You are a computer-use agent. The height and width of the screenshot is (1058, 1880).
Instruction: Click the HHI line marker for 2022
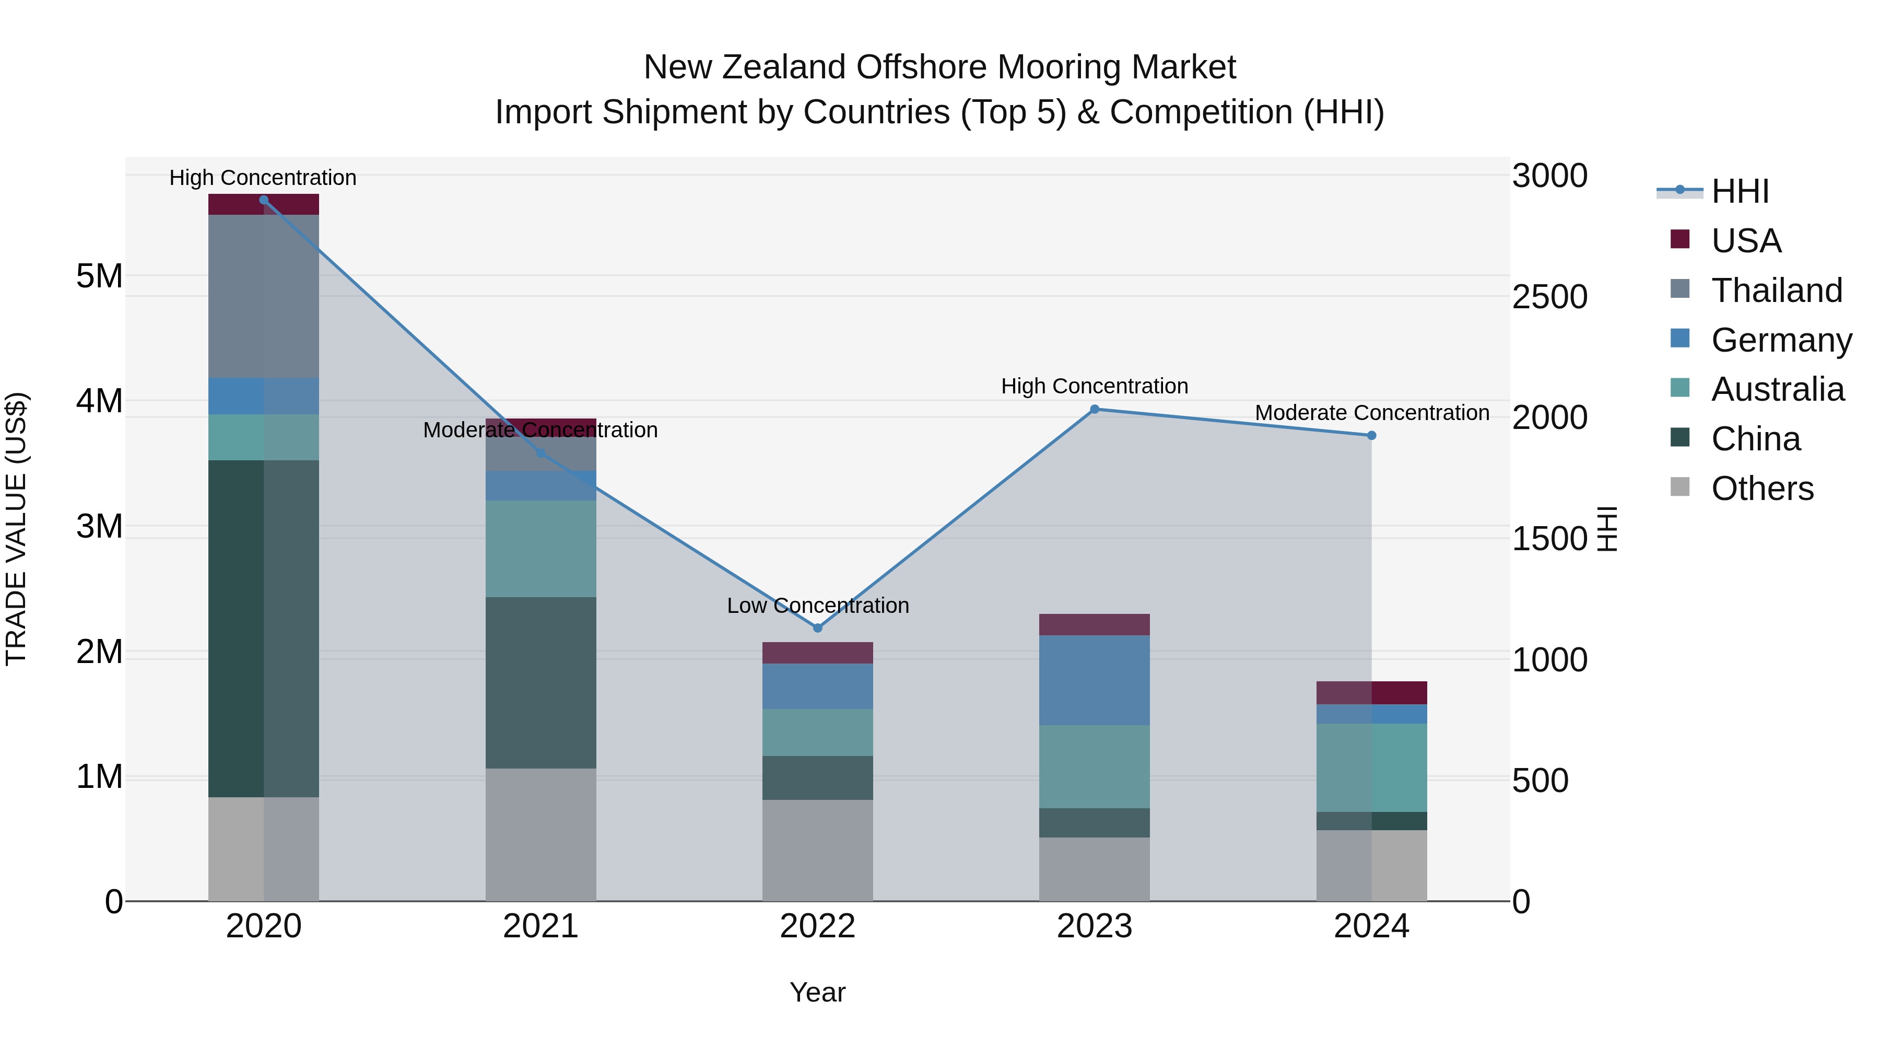click(x=817, y=628)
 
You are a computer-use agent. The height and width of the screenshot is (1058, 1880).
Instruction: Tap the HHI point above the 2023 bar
click(x=1094, y=410)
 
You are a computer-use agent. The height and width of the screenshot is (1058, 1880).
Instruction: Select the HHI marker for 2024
click(x=1371, y=435)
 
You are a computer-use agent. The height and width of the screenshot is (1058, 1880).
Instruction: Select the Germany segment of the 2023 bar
click(x=1094, y=680)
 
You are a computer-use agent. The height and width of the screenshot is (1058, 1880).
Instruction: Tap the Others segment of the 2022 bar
click(x=817, y=850)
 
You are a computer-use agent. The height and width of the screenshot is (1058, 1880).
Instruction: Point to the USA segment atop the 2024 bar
click(x=1371, y=692)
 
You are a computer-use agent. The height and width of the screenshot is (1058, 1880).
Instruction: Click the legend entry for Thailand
click(x=1777, y=290)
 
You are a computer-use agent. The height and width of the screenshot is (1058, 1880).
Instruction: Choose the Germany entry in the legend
click(x=1781, y=340)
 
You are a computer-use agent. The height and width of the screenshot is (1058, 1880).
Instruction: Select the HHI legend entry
click(x=1740, y=191)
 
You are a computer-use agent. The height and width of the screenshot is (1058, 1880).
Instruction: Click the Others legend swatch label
click(x=1762, y=489)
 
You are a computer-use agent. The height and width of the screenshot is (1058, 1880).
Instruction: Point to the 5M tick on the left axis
click(x=99, y=276)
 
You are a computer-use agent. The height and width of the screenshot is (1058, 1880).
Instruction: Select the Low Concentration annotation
click(x=817, y=606)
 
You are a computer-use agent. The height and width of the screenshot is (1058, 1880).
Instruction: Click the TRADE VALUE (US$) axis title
click(x=16, y=529)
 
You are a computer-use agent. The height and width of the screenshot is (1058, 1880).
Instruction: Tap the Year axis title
click(x=817, y=992)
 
